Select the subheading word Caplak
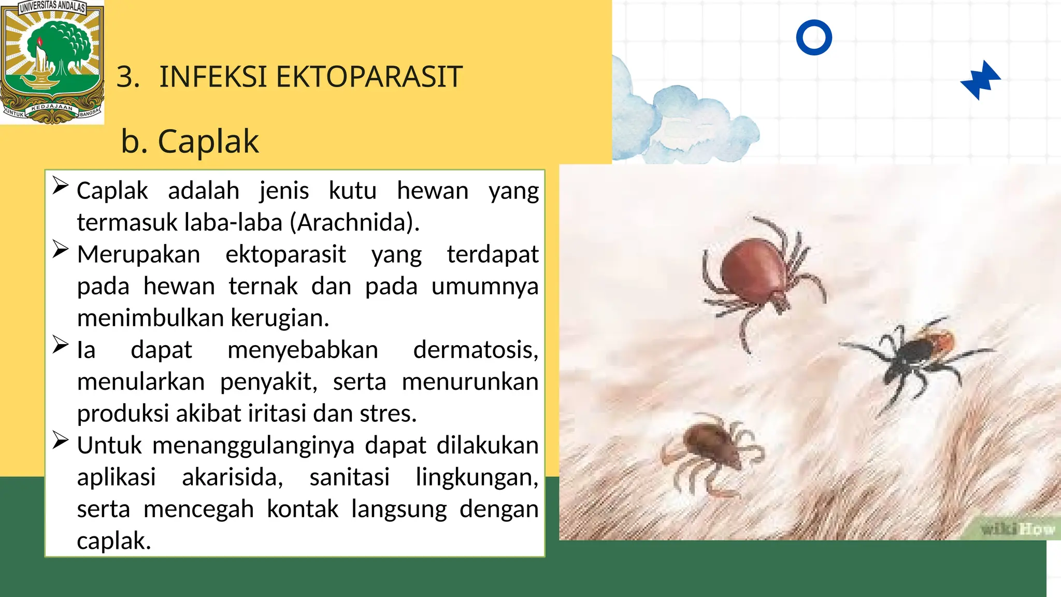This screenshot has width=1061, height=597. coord(208,141)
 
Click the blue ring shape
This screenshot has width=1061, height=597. coord(814,37)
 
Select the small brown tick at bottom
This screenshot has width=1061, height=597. coord(710,446)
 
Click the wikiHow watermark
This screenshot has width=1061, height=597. coord(1017,529)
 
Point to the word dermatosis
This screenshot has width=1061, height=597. coord(475,350)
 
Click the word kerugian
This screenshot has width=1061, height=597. coord(280,318)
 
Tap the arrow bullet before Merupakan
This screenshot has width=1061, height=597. coord(61,250)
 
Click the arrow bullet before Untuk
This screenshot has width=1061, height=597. coord(61,441)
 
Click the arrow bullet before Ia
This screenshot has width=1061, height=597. coord(61,345)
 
